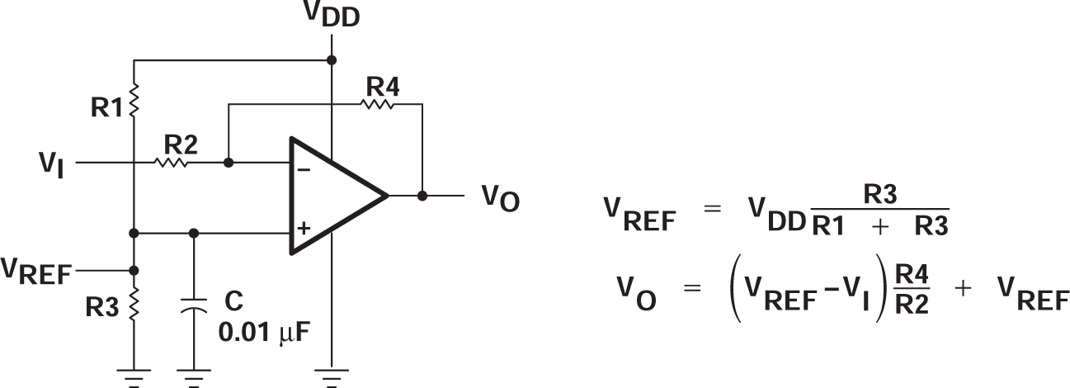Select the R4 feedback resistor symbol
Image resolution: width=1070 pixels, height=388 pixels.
click(379, 104)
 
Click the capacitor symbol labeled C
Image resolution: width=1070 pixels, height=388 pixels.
click(194, 307)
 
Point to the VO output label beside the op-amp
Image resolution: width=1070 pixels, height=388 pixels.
click(500, 198)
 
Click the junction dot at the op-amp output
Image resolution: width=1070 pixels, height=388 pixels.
click(422, 196)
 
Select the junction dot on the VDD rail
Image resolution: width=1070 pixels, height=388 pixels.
click(332, 60)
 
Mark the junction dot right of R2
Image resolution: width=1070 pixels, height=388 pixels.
click(229, 163)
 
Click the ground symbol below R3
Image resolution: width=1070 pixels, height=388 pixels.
click(134, 376)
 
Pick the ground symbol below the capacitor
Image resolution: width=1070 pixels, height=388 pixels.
click(194, 376)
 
